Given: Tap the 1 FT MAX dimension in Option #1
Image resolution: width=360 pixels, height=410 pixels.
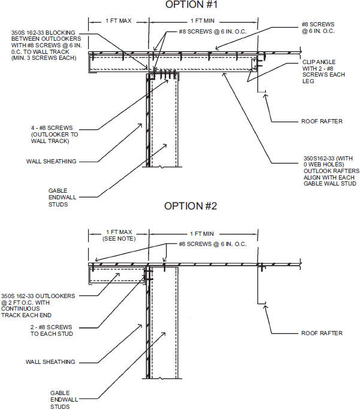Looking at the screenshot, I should [x=119, y=20].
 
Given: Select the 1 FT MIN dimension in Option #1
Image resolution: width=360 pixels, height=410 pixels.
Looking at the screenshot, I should [x=203, y=20].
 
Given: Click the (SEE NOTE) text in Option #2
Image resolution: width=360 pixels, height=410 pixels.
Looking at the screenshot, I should [x=119, y=239].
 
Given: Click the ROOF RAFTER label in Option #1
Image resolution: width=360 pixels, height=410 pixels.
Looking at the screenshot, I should [x=321, y=121].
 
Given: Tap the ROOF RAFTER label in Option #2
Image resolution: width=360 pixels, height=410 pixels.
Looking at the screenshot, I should [x=321, y=333].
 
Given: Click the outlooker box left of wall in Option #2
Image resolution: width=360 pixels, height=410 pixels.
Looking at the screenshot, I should [x=117, y=275].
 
